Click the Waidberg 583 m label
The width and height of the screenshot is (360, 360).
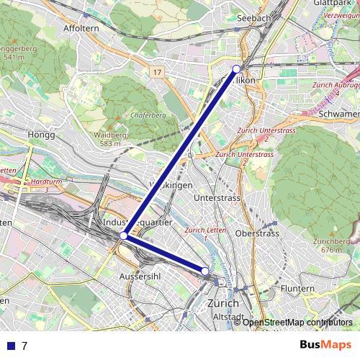pyautogui.click(x=109, y=139)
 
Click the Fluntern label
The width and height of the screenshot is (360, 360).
pyautogui.click(x=297, y=289)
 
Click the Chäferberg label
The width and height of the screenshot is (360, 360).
pyautogui.click(x=149, y=114)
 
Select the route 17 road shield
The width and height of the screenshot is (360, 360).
pyautogui.click(x=157, y=72)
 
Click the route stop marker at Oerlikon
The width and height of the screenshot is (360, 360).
pyautogui.click(x=236, y=69)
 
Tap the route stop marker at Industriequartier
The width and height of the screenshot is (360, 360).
pyautogui.click(x=123, y=235)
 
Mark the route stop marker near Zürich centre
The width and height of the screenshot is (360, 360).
pyautogui.click(x=205, y=271)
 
